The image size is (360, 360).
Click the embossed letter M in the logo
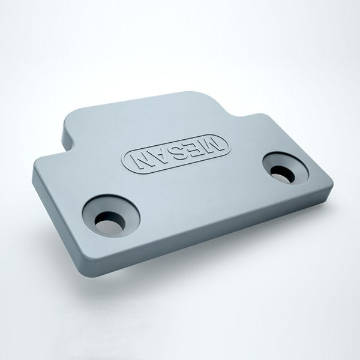[x=212, y=145]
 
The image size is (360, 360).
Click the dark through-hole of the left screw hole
[x=110, y=222]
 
